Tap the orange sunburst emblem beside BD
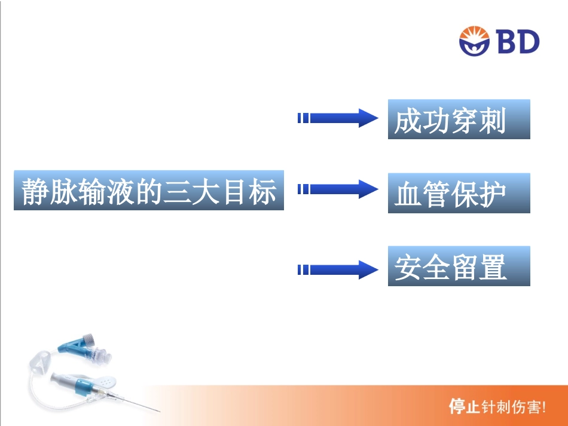click(474, 41)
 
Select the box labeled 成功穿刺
click(459, 119)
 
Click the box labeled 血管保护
click(459, 193)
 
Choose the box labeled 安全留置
click(459, 266)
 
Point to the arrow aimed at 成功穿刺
click(337, 118)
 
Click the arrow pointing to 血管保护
click(337, 189)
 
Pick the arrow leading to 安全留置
click(337, 270)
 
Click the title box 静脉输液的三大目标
click(148, 191)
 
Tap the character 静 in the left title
click(35, 191)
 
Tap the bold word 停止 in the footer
click(464, 407)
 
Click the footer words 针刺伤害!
click(514, 407)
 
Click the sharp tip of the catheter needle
click(160, 412)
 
